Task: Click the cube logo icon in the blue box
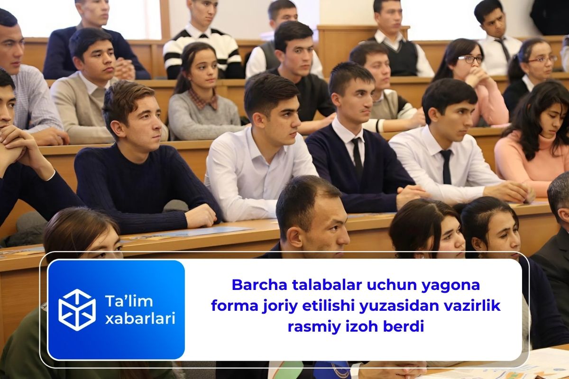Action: point(77,309)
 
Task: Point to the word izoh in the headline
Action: point(357,326)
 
